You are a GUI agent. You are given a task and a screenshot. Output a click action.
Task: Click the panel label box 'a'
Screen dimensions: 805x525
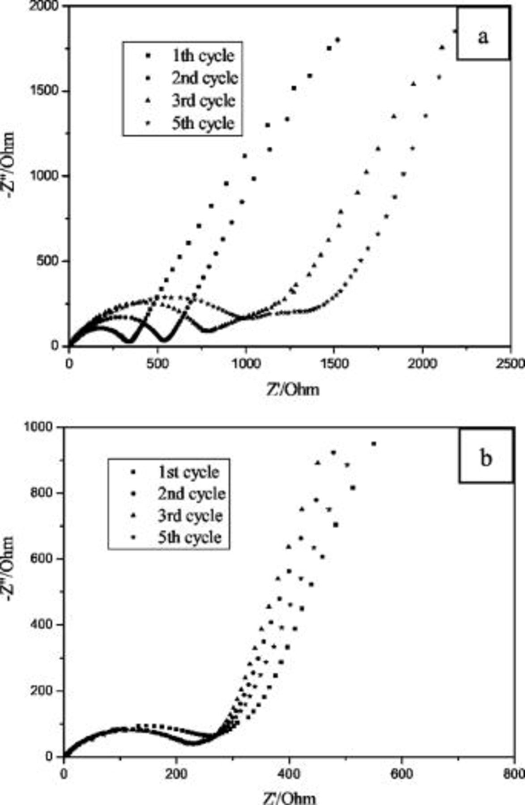coord(482,34)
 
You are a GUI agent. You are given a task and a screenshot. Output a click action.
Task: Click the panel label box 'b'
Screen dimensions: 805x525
coord(486,457)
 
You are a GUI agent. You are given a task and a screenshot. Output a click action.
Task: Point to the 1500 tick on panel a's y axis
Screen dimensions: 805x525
coord(49,91)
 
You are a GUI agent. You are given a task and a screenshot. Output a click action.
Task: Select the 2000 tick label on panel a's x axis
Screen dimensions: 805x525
coord(423,363)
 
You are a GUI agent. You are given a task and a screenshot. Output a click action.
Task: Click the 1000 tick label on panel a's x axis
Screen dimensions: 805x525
coord(246,363)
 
